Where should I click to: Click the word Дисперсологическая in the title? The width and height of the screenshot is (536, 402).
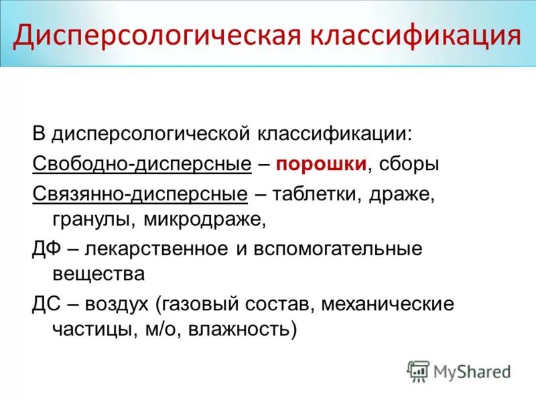[151, 35]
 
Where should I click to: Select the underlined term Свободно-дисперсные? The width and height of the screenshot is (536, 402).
[142, 163]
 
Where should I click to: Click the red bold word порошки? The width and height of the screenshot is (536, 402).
[321, 163]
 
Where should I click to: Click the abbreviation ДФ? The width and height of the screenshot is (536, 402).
[48, 249]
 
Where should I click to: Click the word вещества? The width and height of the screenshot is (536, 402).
[98, 273]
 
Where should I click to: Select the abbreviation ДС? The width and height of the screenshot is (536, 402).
[48, 304]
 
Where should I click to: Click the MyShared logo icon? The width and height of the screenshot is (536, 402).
[419, 370]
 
